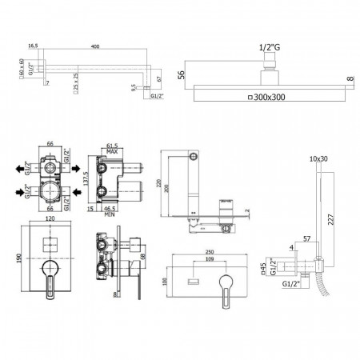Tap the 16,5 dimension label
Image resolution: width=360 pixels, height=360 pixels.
pyautogui.click(x=33, y=47)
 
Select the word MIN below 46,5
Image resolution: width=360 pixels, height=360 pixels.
pyautogui.click(x=111, y=214)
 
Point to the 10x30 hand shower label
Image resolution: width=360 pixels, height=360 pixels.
pyautogui.click(x=318, y=158)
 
